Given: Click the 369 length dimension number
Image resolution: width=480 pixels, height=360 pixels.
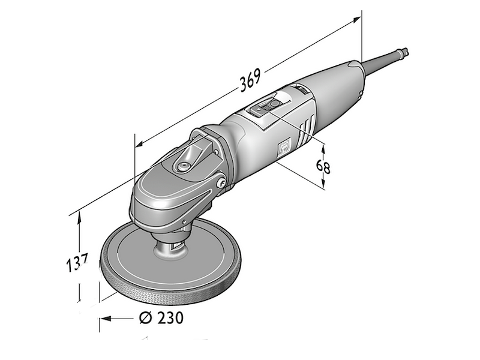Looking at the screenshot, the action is [x=250, y=80].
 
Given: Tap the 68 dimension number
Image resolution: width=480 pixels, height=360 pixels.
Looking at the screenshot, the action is [x=323, y=167].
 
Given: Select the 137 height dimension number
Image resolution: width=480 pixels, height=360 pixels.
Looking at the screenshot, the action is [x=77, y=262].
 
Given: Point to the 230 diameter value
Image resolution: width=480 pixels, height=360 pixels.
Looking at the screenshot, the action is [x=170, y=318].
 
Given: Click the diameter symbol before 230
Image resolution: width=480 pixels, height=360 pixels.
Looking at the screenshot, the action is [x=146, y=318].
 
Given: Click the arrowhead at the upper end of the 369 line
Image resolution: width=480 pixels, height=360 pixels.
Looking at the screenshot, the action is [x=356, y=20].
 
